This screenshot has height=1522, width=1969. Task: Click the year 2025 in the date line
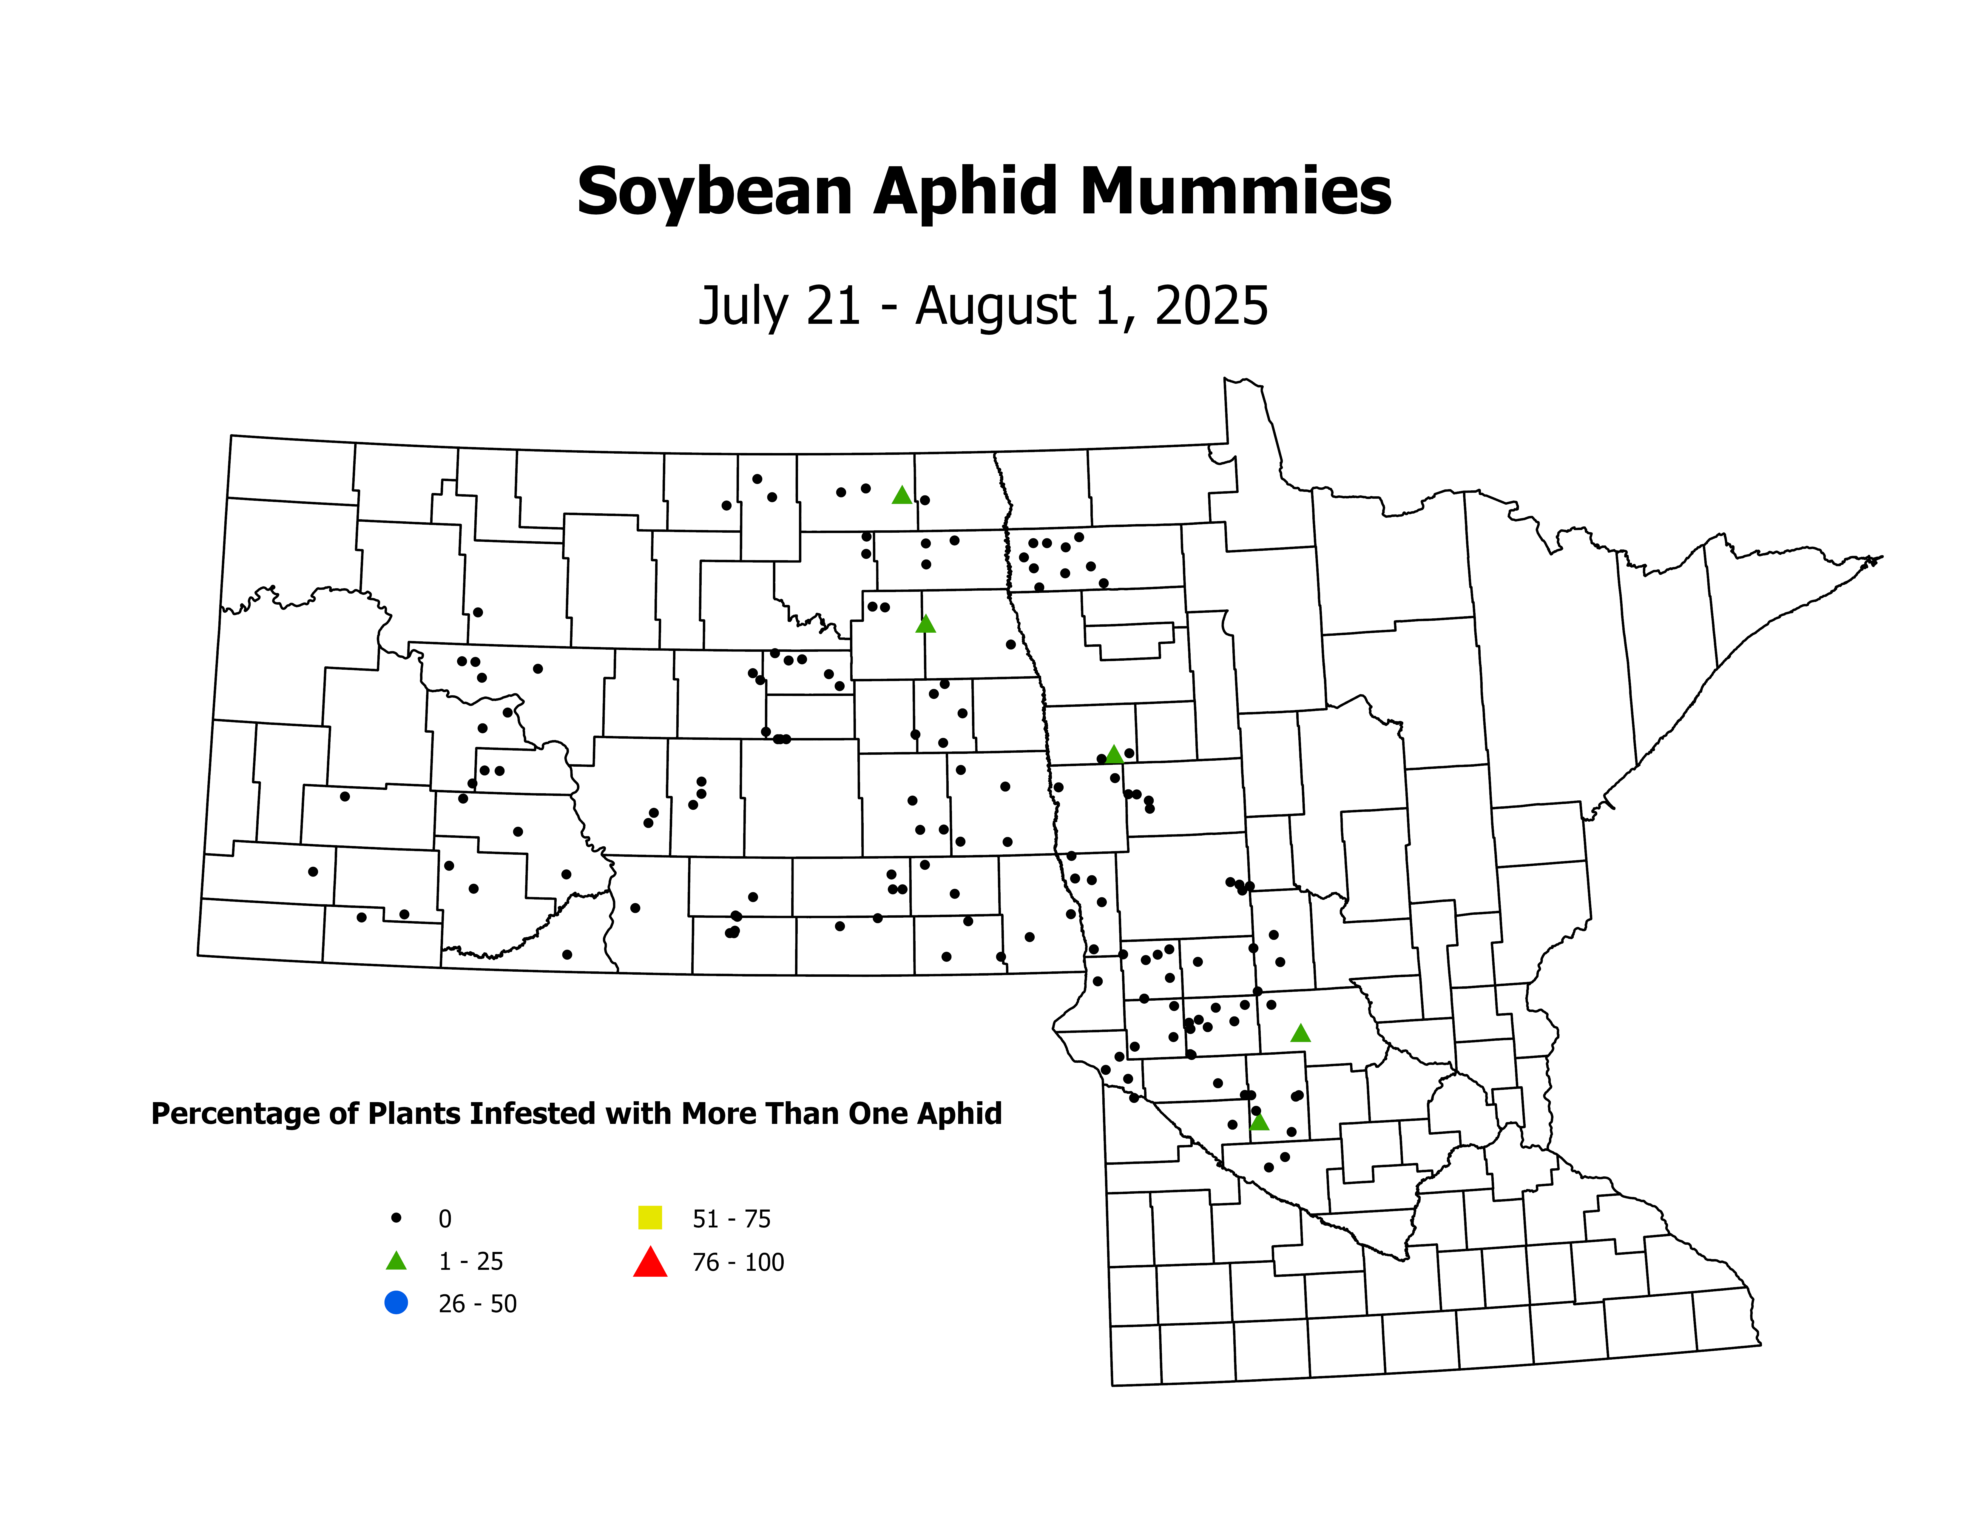[x=1212, y=306]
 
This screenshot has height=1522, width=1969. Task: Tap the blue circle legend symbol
[x=396, y=1303]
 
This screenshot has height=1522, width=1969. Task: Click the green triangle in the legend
[x=396, y=1261]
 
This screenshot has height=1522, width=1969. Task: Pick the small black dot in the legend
[x=396, y=1217]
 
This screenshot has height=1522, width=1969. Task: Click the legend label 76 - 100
[x=737, y=1262]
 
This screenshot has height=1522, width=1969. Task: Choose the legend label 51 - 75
[x=731, y=1219]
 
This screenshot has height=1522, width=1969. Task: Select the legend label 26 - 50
[x=477, y=1304]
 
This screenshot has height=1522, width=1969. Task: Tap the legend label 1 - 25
[x=470, y=1261]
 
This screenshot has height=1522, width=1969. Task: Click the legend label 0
[x=445, y=1219]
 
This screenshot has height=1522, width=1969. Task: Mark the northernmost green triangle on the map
[x=902, y=495]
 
